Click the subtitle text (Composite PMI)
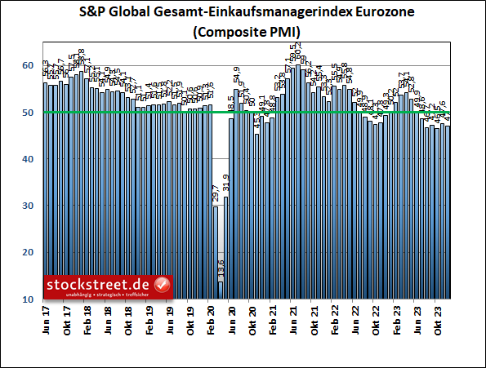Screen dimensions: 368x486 (x=243, y=32)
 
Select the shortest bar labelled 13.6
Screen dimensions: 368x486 (x=221, y=290)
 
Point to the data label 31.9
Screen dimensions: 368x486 (x=226, y=184)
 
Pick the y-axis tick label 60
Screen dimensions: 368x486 (x=27, y=65)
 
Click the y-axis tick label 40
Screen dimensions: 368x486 (x=27, y=159)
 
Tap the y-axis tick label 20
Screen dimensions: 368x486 (x=27, y=253)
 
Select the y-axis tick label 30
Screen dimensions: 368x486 (x=27, y=206)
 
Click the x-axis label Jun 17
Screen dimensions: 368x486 (x=45, y=318)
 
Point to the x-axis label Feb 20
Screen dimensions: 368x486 (x=211, y=318)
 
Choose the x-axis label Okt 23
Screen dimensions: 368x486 (x=438, y=318)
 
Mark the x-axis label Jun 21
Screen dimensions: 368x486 (x=293, y=318)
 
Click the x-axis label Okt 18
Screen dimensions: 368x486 (x=128, y=318)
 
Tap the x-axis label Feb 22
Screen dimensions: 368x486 (x=334, y=318)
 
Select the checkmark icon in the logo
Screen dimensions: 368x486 (x=162, y=285)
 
